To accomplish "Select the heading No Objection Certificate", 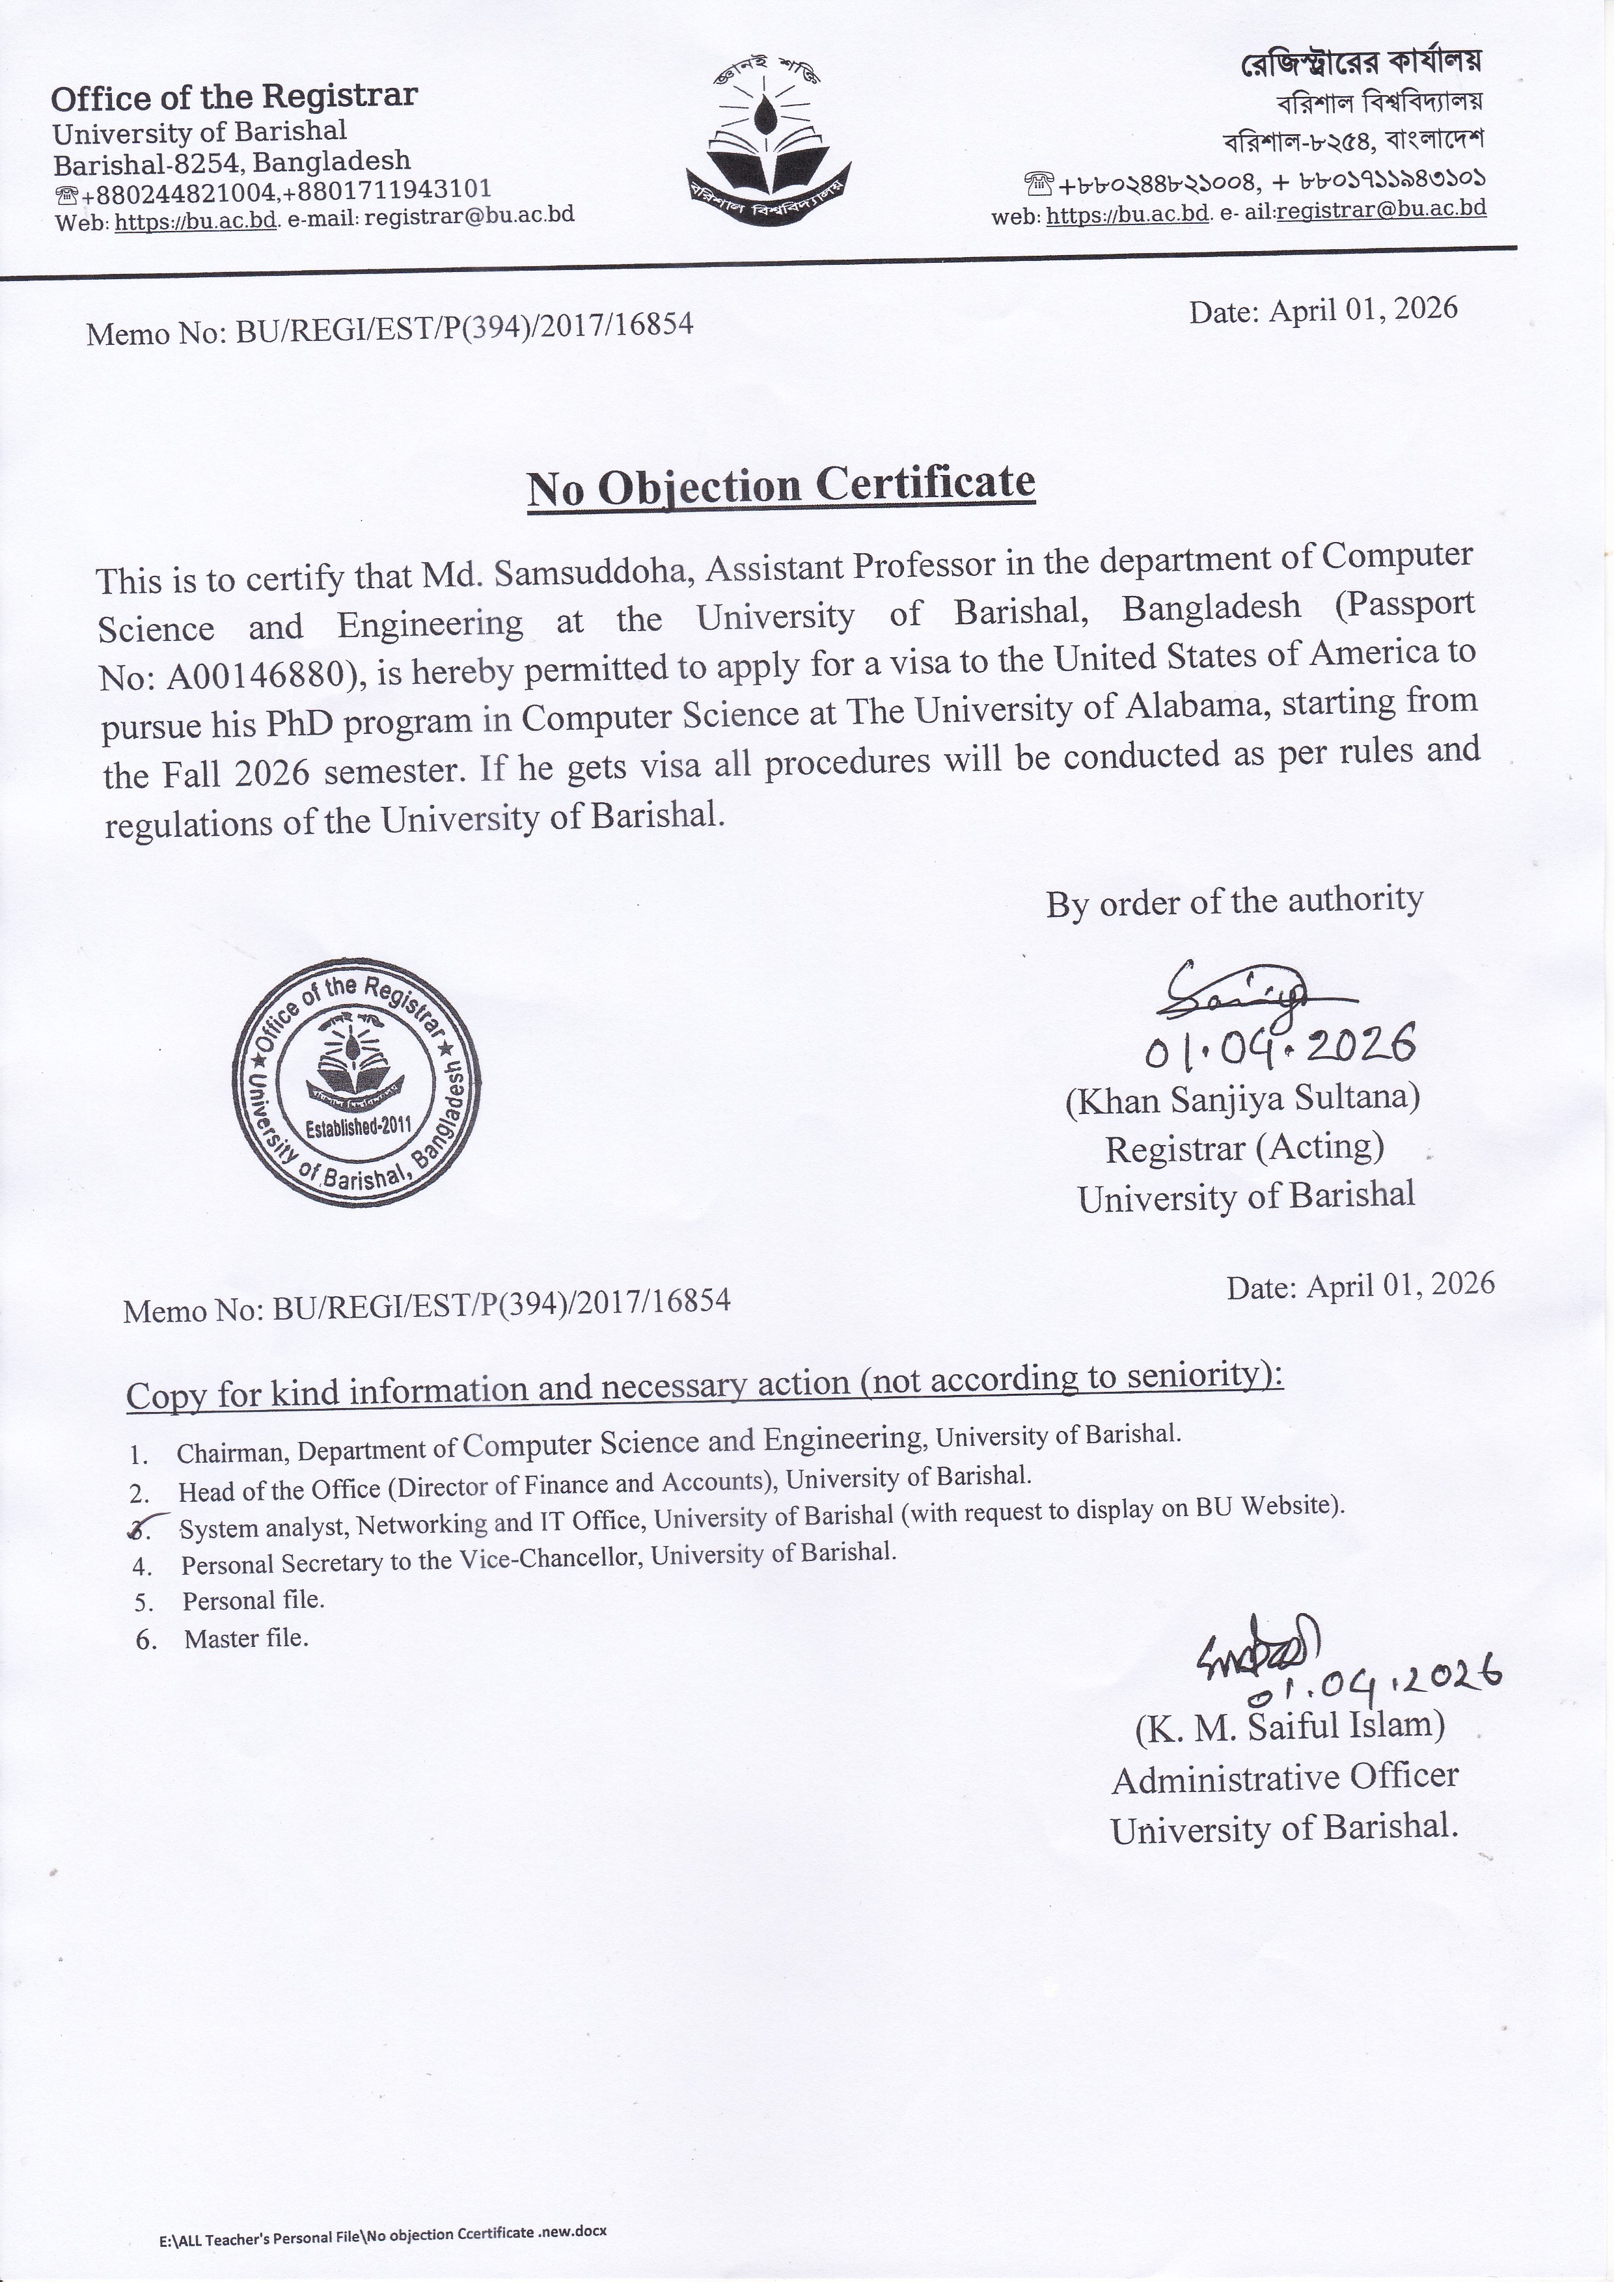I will (x=781, y=486).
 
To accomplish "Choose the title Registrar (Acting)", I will (x=1244, y=1148).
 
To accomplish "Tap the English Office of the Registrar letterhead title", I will (x=234, y=96).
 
